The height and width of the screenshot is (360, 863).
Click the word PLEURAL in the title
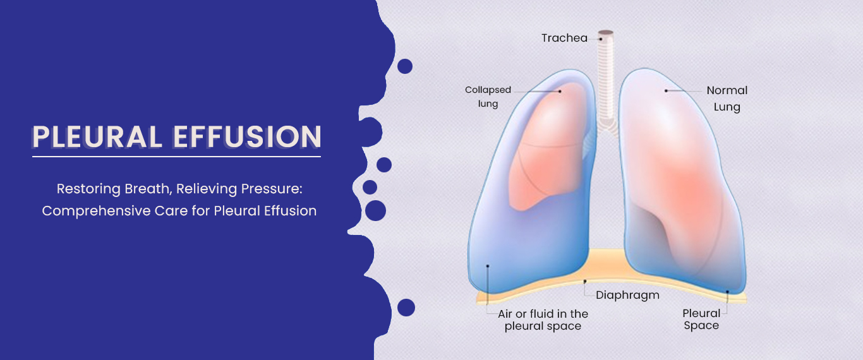tap(95, 138)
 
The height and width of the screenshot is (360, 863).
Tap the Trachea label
tap(564, 38)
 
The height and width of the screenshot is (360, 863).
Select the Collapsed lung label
tap(488, 97)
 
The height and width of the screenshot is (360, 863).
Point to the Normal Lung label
tap(727, 99)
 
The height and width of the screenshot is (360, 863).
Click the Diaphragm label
tap(627, 295)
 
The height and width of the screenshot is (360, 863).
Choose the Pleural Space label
tap(701, 319)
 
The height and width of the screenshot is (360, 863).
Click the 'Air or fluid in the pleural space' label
tap(543, 320)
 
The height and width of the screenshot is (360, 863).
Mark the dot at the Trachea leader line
tap(601, 39)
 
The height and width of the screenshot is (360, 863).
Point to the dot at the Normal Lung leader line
tap(666, 91)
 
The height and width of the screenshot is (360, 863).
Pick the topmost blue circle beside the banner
tap(405, 66)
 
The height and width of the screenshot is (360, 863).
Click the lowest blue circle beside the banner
tap(406, 308)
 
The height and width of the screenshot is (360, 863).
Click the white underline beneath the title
tap(176, 156)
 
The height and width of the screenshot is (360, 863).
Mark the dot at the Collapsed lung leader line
tap(560, 91)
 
